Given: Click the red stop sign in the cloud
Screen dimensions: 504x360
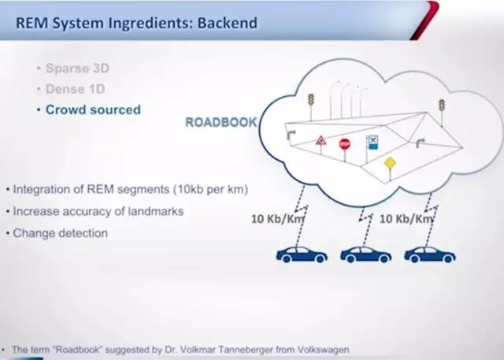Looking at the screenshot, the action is (344, 143).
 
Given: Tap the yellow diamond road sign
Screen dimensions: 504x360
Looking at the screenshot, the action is (389, 163).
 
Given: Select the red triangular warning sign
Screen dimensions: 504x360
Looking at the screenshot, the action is (321, 142).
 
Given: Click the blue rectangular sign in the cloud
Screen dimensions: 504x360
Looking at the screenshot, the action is (372, 143).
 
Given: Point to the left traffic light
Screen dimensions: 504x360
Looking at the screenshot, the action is (311, 101).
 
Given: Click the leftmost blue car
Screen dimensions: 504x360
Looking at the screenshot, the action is (302, 254).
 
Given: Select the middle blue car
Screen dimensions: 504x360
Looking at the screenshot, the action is (365, 254).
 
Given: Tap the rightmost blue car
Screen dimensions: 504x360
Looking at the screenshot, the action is (429, 254).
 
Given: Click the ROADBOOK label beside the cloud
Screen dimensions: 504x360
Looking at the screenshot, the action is (220, 123).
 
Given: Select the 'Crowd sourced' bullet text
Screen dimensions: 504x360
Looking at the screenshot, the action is (92, 109).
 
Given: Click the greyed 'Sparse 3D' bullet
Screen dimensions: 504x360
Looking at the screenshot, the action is (77, 69).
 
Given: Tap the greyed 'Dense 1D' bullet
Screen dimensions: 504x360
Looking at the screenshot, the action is (76, 89).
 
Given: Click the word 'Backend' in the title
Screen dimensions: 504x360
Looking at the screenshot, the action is (227, 23).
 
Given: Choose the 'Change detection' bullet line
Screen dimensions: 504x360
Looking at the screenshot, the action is (60, 233).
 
